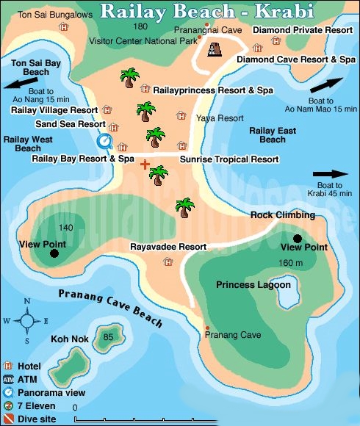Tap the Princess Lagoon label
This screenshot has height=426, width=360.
coord(253,284)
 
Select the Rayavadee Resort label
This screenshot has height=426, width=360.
coord(168,247)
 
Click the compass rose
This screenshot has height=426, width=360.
coord(26,320)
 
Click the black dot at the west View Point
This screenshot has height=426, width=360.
coord(54,254)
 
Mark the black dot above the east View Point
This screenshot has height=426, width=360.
coord(298,238)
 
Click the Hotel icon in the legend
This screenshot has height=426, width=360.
coord(8,366)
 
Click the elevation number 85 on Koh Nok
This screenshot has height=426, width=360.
coord(109,337)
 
